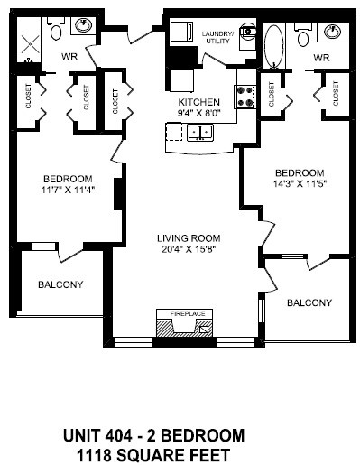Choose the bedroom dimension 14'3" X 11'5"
[x=299, y=184]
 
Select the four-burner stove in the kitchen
[x=245, y=96]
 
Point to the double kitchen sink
[x=199, y=133]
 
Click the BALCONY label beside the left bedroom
[x=60, y=284]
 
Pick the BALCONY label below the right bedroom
[x=309, y=302]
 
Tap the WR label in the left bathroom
[x=68, y=55]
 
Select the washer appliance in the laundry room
[x=182, y=32]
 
